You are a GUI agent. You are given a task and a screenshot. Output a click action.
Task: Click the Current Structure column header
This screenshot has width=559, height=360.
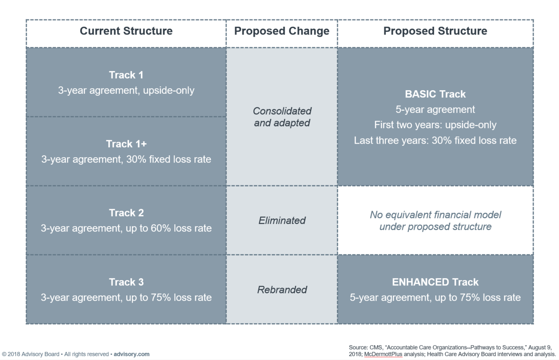pyautogui.click(x=126, y=31)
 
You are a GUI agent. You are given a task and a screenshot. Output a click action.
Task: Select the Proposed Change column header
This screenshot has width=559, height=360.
pyautogui.click(x=282, y=31)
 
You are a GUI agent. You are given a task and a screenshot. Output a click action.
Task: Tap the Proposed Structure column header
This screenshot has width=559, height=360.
pyautogui.click(x=435, y=31)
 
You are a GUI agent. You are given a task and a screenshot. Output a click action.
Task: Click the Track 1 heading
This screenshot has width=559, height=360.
pyautogui.click(x=126, y=75)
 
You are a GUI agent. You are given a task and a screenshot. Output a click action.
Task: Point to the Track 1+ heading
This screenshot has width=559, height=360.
pyautogui.click(x=126, y=144)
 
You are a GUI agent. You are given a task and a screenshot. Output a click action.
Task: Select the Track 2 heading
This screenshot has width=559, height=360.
pyautogui.click(x=126, y=213)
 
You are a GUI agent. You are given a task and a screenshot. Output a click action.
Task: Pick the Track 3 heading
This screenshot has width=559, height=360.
pyautogui.click(x=126, y=282)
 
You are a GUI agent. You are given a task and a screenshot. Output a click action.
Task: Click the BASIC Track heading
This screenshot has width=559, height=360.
pyautogui.click(x=435, y=94)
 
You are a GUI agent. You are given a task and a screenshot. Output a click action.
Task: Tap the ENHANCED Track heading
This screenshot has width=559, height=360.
pyautogui.click(x=435, y=282)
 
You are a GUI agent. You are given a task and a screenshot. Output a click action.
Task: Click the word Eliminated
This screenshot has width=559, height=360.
pyautogui.click(x=282, y=220)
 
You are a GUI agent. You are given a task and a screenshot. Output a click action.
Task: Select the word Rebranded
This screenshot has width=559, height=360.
pyautogui.click(x=282, y=290)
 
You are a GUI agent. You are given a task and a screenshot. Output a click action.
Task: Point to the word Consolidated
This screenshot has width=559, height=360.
pyautogui.click(x=282, y=111)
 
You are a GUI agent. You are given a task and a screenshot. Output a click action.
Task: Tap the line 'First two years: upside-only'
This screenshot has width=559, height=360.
pyautogui.click(x=435, y=125)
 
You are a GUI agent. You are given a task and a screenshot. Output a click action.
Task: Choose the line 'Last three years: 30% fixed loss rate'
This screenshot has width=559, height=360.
pyautogui.click(x=435, y=140)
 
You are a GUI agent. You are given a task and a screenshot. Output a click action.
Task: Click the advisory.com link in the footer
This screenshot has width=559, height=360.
pyautogui.click(x=131, y=354)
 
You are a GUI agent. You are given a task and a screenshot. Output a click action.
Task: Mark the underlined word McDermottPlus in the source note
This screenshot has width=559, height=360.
pyautogui.click(x=383, y=354)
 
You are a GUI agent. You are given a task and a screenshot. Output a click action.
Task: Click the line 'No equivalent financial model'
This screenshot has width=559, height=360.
pyautogui.click(x=435, y=215)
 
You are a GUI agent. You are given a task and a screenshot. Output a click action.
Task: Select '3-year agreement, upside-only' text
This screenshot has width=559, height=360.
pyautogui.click(x=126, y=90)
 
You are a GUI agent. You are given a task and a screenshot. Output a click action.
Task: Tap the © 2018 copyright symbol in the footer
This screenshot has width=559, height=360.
pyautogui.click(x=4, y=354)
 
